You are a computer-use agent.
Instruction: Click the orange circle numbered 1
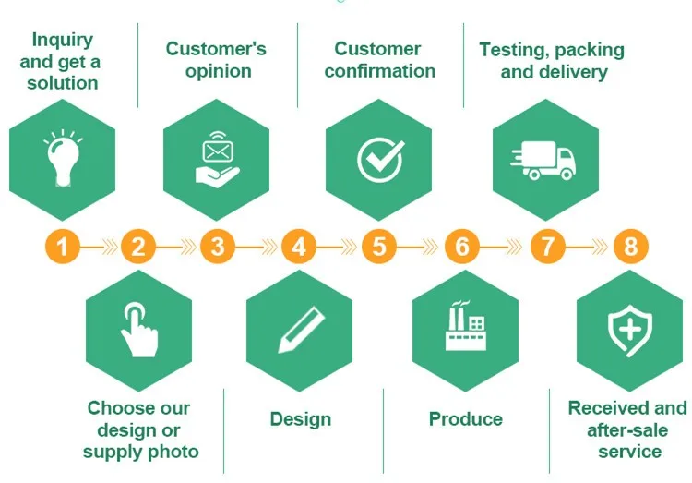click(x=63, y=247)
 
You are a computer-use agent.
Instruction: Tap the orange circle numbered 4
click(x=298, y=247)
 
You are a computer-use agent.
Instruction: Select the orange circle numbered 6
click(x=462, y=247)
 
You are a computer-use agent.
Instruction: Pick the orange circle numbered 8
click(x=631, y=247)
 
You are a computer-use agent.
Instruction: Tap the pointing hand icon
click(x=138, y=331)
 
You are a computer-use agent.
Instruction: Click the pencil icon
click(x=302, y=331)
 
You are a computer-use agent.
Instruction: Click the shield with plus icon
click(x=629, y=331)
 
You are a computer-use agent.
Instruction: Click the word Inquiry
click(x=61, y=40)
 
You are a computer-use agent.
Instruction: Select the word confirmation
click(x=380, y=71)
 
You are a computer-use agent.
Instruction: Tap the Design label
click(x=301, y=419)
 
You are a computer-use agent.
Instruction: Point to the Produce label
click(x=466, y=419)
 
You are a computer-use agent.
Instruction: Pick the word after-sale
click(x=628, y=430)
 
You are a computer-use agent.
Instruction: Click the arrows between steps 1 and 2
click(x=101, y=247)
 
